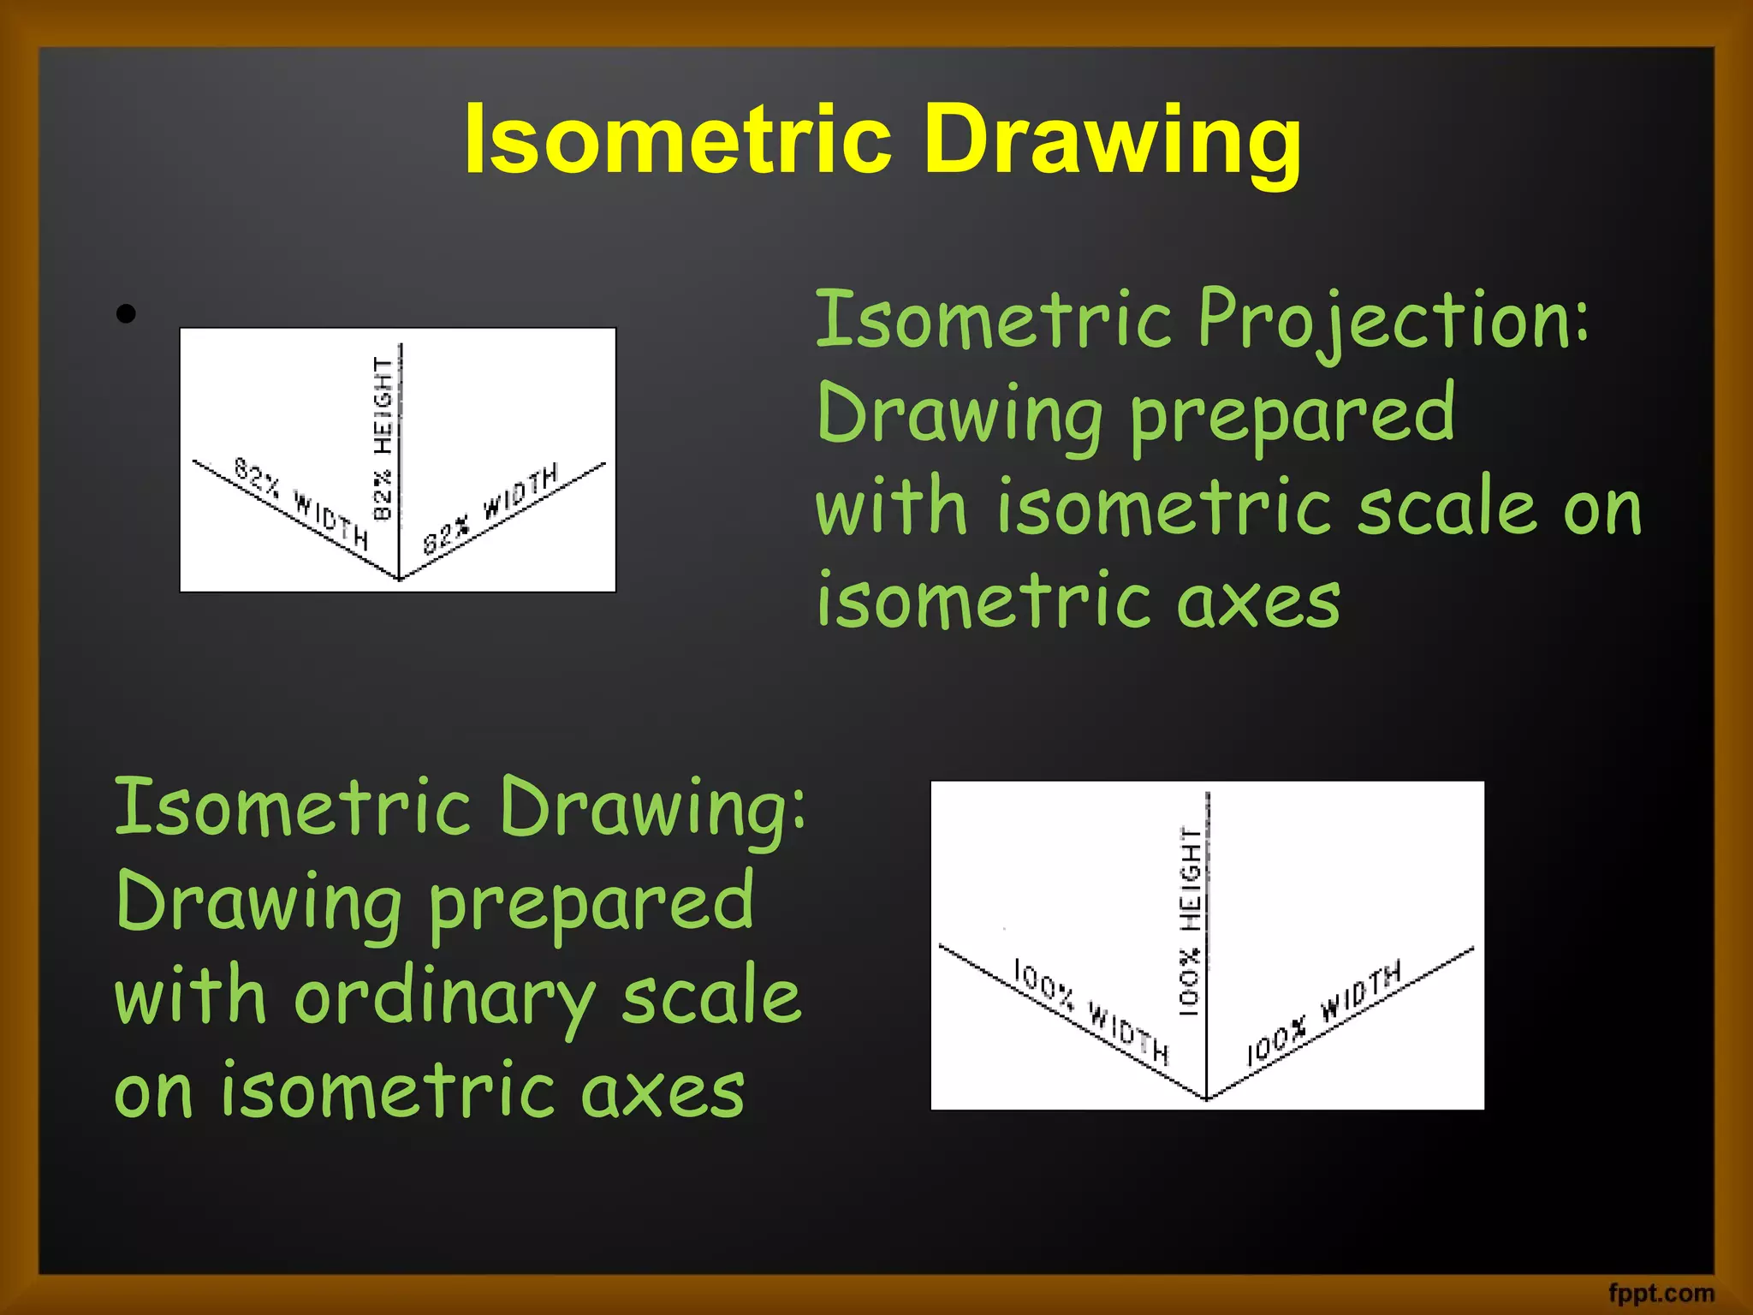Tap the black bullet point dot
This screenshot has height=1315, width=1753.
[x=126, y=314]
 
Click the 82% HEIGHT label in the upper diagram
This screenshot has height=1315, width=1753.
[x=383, y=438]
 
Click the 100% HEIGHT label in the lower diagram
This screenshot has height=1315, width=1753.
[x=1191, y=920]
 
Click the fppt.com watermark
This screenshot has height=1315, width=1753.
[x=1661, y=1292]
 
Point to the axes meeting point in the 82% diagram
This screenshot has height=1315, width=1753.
[x=399, y=580]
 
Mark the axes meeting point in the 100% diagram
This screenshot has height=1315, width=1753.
[x=1206, y=1098]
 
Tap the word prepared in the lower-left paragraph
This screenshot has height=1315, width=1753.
[x=591, y=904]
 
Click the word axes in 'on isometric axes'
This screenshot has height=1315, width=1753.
[x=663, y=1092]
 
